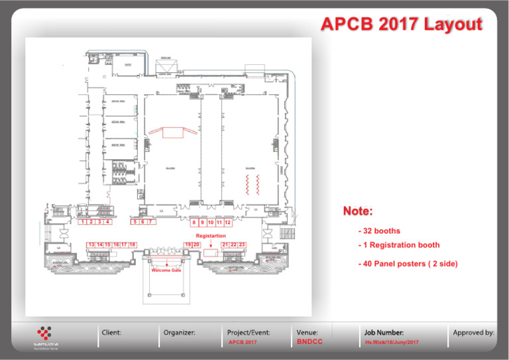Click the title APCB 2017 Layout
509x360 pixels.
point(400,25)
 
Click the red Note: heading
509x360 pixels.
point(357,211)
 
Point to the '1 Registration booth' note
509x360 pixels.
point(398,245)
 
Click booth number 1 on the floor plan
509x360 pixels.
point(82,222)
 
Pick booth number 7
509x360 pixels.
point(151,222)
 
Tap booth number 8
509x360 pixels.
point(194,223)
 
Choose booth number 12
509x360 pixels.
point(227,223)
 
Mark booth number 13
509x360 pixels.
point(91,245)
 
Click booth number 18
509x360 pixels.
point(133,245)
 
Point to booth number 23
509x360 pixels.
point(243,245)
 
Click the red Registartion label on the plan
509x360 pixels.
point(210,236)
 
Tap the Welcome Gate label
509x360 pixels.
point(166,270)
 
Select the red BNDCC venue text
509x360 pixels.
point(310,342)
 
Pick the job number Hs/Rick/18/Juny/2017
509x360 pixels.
point(392,342)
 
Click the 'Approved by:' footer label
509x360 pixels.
point(473,331)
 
